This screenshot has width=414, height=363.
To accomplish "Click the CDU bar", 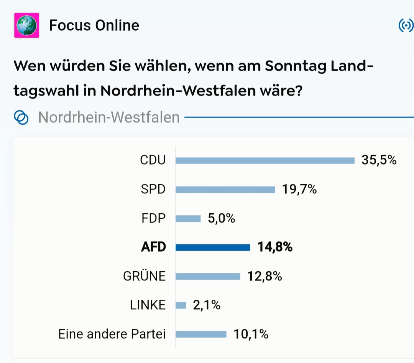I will [x=265, y=160].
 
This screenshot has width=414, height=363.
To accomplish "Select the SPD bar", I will [x=225, y=190].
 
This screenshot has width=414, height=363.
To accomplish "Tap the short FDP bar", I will [x=188, y=219].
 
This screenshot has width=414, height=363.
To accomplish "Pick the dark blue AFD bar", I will [x=213, y=247].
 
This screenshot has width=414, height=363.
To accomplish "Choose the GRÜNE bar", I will [x=208, y=276].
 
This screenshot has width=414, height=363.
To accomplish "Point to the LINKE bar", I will [x=181, y=305].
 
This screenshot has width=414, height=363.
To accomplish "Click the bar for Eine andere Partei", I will [x=201, y=334].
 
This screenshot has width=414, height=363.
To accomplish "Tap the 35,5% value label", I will [x=379, y=160].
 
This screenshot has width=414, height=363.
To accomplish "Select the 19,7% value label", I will [x=299, y=189].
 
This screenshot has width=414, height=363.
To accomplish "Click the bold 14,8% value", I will [x=275, y=247].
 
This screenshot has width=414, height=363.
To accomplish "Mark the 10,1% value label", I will [x=251, y=334].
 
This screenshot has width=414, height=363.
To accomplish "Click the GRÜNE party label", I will [x=144, y=276].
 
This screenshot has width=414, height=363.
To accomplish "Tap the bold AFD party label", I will [x=153, y=247].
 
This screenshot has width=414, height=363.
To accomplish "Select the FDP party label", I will [x=153, y=219].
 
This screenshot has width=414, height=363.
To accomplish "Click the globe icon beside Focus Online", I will [x=26, y=25].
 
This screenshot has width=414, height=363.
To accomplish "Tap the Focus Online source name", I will [x=94, y=25].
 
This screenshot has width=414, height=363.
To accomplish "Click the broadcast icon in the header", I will [x=406, y=26].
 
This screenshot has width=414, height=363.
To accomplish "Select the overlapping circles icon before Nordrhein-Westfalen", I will [x=21, y=117].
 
